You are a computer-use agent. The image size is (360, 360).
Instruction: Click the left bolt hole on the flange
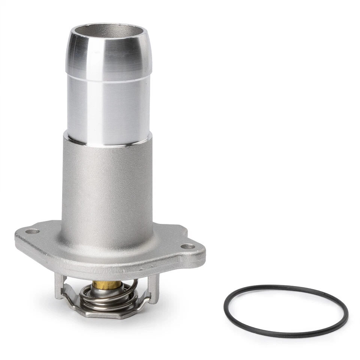[33, 231]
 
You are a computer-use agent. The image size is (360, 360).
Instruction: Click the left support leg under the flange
[59, 285]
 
